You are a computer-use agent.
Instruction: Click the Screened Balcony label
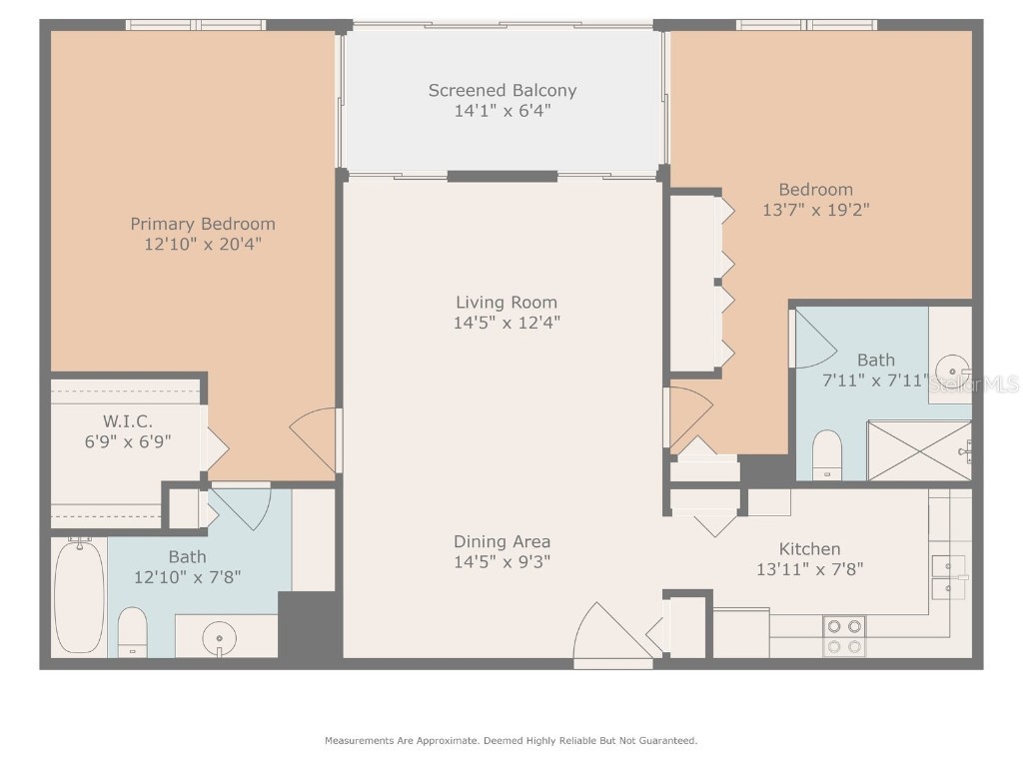[x=503, y=90]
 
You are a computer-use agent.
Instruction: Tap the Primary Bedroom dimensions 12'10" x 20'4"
[x=203, y=244]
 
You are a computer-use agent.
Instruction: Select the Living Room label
[x=507, y=302]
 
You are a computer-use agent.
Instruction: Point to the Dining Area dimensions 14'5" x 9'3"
[x=503, y=561]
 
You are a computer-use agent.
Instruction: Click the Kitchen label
[x=809, y=548]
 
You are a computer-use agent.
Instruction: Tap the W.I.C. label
[x=128, y=421]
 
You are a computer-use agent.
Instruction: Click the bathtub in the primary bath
[x=79, y=596]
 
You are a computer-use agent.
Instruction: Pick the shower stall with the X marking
[x=918, y=450]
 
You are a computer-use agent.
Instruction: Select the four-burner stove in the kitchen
[x=843, y=636]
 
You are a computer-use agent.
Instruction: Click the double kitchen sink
[x=948, y=576]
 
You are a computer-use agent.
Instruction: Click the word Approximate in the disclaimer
[x=445, y=741]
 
